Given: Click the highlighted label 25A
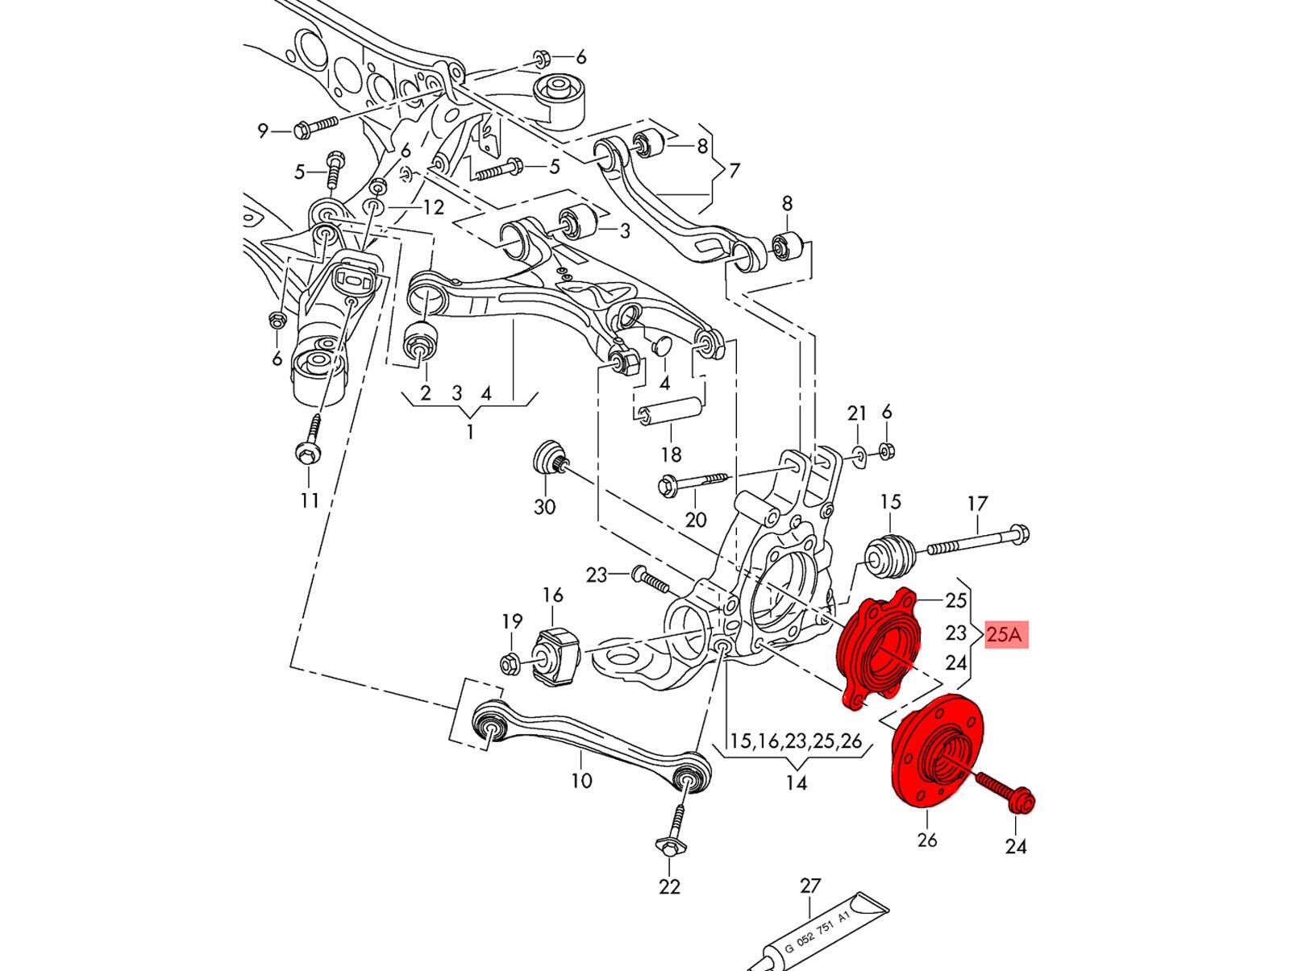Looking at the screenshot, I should tap(1005, 635).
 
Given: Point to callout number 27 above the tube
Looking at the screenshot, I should tap(809, 886).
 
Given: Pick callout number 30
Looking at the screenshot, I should tap(545, 507).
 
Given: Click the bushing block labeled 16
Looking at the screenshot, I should tap(556, 653).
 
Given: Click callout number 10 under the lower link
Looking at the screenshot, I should tap(580, 780).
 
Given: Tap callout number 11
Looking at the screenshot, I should tap(310, 500).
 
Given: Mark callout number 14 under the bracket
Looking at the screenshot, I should tap(796, 782).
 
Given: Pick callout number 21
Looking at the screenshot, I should tap(856, 414).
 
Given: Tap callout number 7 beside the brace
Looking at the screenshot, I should tap(734, 171).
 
